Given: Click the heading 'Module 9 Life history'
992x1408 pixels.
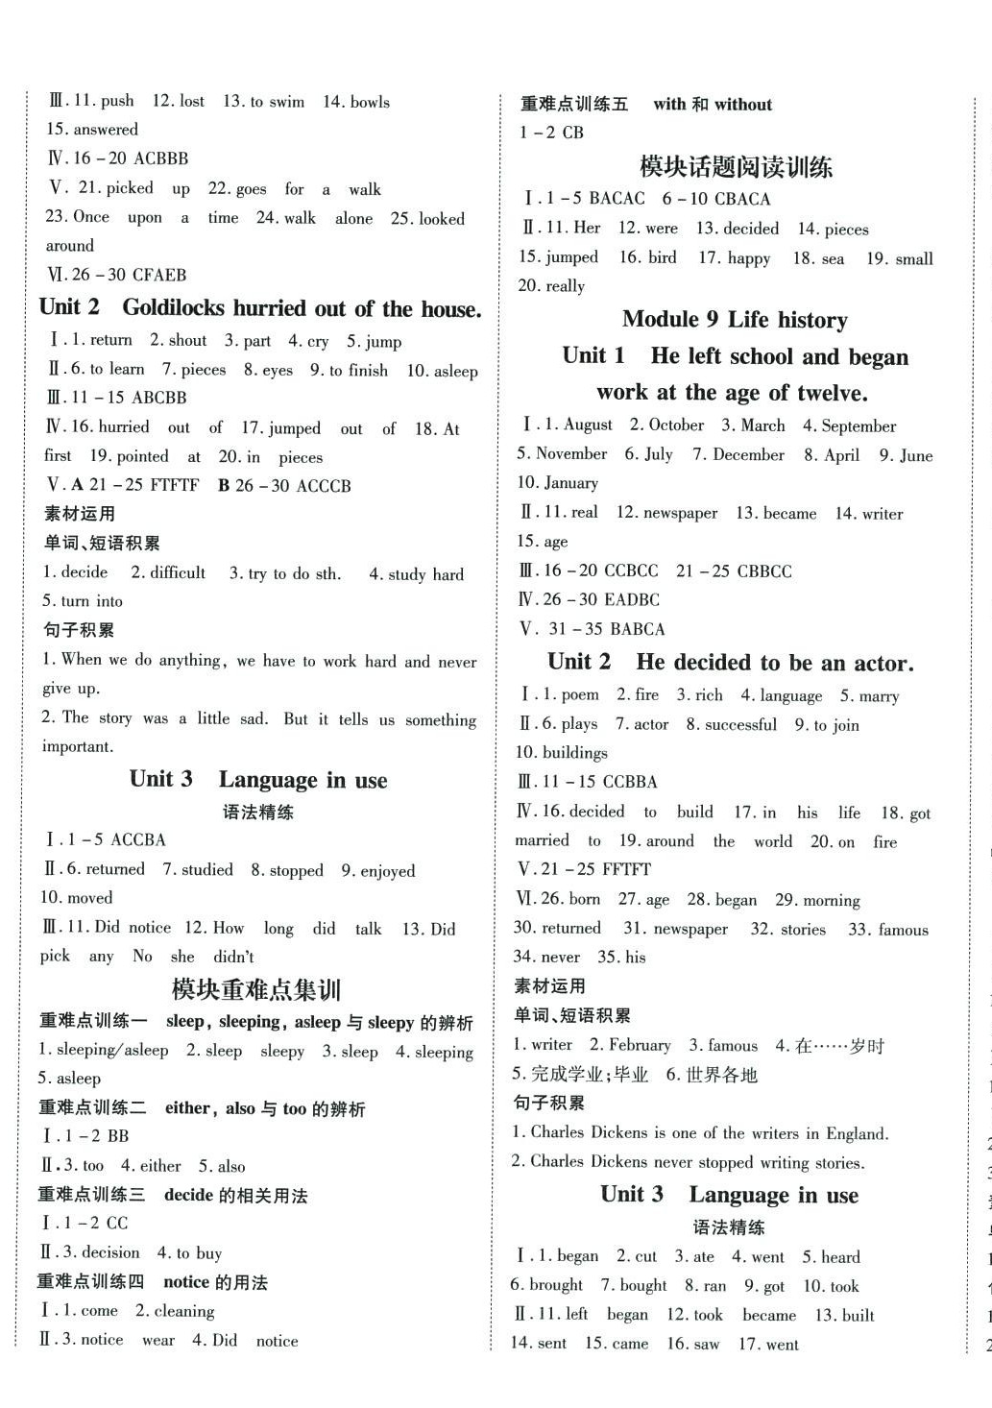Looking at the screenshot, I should [x=735, y=319].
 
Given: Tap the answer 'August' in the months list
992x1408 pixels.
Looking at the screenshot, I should [x=588, y=425].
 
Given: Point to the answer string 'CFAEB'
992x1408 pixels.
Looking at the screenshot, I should [x=160, y=275].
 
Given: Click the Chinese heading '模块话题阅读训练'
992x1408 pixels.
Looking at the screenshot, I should [x=736, y=167].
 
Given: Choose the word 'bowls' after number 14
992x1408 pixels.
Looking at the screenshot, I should [x=370, y=102].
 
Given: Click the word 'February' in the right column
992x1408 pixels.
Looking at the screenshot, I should [x=640, y=1045].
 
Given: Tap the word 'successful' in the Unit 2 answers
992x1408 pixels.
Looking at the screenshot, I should [x=740, y=724].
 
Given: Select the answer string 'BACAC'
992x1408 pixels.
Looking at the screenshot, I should [x=617, y=199].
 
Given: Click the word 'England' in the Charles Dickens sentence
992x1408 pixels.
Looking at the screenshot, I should [x=857, y=1133].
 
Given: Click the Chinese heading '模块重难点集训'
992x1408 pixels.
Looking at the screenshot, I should [x=256, y=989].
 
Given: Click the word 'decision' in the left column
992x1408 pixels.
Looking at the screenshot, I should [x=110, y=1252].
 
